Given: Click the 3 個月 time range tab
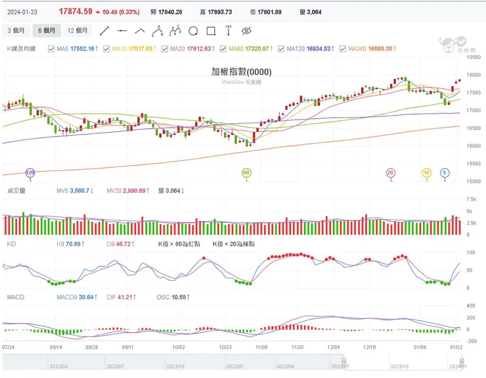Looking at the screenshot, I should point(16,31).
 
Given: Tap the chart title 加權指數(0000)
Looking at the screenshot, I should point(241,72).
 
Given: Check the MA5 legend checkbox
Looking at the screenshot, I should point(52,49).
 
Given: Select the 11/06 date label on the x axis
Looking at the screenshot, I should point(261,346).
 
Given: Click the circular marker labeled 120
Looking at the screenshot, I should point(30,173).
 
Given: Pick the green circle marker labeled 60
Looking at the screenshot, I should point(246,173).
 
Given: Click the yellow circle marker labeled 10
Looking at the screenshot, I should point(426,173).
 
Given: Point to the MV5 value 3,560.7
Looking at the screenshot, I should point(73,191).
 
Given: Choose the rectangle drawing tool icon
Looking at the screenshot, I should point(211,31).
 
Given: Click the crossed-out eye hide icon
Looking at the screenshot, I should point(247,31).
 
